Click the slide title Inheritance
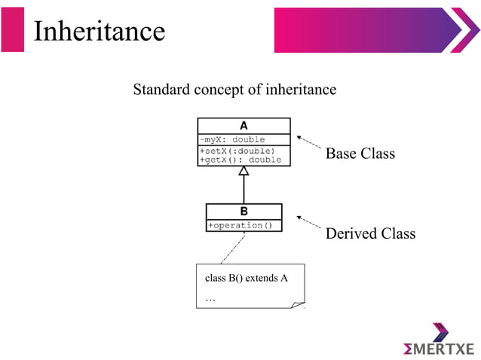tap(99, 31)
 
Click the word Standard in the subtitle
tap(161, 90)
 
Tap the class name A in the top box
tap(244, 126)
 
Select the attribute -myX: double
tap(231, 139)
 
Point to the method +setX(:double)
tap(237, 151)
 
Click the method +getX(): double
tap(240, 160)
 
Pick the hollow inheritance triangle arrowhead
tap(244, 171)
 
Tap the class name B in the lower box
tap(244, 211)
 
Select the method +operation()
tap(240, 225)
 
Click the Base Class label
tap(360, 154)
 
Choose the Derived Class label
tap(369, 233)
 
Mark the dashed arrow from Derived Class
tap(309, 223)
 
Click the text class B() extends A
tap(246, 278)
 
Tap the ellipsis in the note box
tap(210, 300)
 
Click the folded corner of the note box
tap(298, 303)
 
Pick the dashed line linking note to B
tap(230, 248)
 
